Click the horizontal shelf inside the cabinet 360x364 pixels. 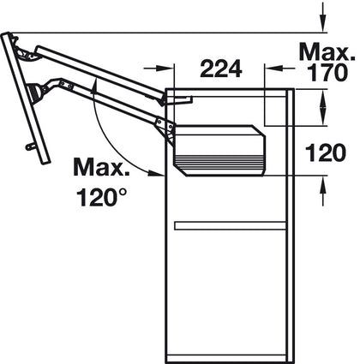coord(230,225)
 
